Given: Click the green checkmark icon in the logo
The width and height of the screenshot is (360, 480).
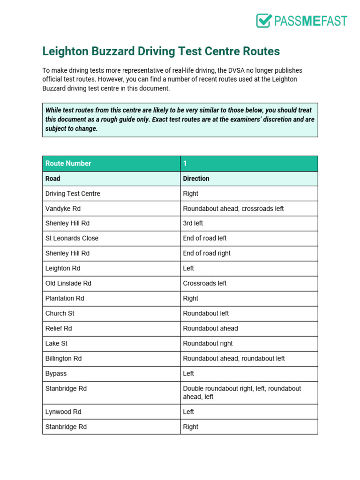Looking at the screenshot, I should point(264,21).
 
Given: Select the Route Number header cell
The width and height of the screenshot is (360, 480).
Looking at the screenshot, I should point(68,164).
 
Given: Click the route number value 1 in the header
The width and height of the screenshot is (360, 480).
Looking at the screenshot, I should point(185,164).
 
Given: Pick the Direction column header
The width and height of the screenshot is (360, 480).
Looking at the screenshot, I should point(196,179).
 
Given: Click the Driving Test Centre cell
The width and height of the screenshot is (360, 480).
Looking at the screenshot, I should point(73,194).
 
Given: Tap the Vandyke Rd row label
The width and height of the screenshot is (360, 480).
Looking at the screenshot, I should point(63,209).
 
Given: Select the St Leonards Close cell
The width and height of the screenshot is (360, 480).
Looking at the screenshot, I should point(72,238).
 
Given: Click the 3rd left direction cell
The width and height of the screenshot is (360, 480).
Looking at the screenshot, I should point(193,224).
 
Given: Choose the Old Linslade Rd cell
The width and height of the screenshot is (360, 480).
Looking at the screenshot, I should point(68,283).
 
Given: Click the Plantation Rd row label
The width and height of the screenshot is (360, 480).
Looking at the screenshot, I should point(65,298).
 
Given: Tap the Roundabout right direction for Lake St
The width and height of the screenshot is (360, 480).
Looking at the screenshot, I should point(208,343).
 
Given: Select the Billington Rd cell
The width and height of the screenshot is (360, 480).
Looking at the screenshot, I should point(63,358).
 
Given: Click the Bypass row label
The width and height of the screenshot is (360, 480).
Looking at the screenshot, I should point(56,374).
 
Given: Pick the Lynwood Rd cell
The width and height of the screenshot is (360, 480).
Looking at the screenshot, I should point(63,412).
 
